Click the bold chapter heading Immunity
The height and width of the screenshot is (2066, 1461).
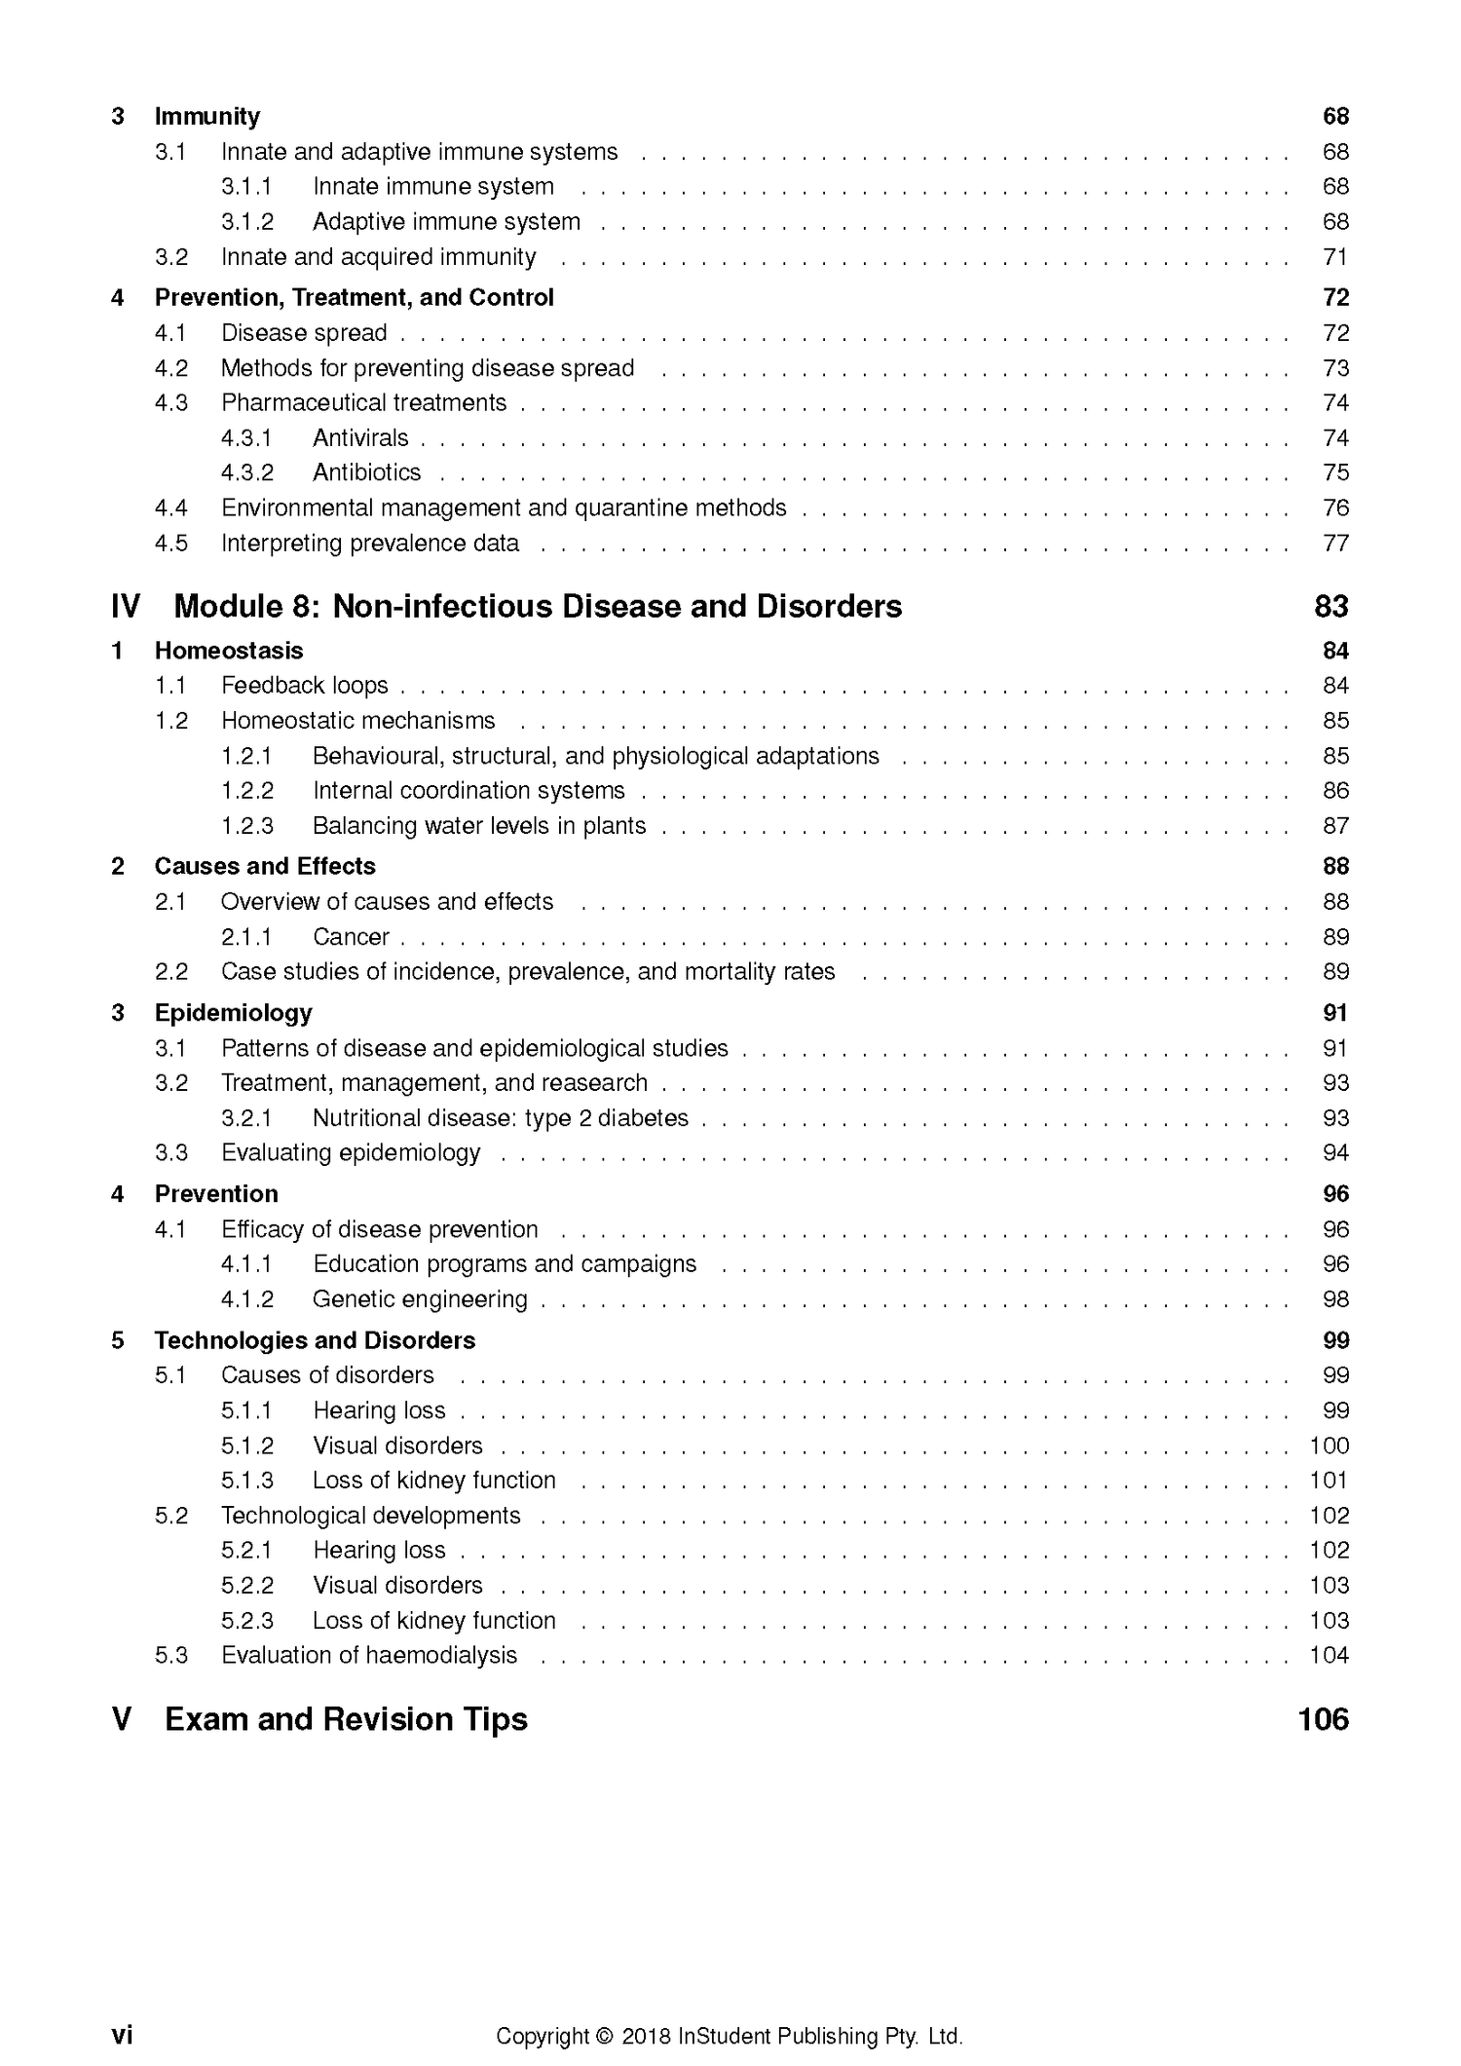pyautogui.click(x=206, y=117)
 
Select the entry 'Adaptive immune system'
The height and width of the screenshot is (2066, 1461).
pyautogui.click(x=446, y=222)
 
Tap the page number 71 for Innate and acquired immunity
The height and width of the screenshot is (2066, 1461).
pyautogui.click(x=1335, y=257)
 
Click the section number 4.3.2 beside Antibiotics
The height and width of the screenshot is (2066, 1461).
pyautogui.click(x=247, y=472)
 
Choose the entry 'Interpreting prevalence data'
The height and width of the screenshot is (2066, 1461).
pyautogui.click(x=370, y=544)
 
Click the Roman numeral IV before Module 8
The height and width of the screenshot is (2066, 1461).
pyautogui.click(x=126, y=607)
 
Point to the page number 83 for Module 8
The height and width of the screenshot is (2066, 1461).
pyautogui.click(x=1330, y=607)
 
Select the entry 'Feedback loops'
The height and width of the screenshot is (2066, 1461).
pyautogui.click(x=305, y=686)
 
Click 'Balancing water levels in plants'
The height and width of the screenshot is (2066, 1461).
pyautogui.click(x=479, y=826)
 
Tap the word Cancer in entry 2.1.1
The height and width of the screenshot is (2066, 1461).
pyautogui.click(x=351, y=937)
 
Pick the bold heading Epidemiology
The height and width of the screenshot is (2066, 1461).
pyautogui.click(x=233, y=1013)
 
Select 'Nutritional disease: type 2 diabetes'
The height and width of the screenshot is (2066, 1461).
pyautogui.click(x=501, y=1118)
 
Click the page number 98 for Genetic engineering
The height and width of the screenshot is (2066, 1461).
pyautogui.click(x=1335, y=1299)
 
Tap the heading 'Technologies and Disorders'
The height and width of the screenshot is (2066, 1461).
pyautogui.click(x=315, y=1340)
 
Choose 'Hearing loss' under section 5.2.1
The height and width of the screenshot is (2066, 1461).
pyautogui.click(x=379, y=1551)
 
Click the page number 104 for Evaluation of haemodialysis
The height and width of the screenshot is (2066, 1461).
pyautogui.click(x=1329, y=1656)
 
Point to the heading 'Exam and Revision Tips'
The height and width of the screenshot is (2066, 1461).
pyautogui.click(x=346, y=1720)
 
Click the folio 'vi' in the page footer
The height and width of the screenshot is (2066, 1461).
pyautogui.click(x=122, y=2009)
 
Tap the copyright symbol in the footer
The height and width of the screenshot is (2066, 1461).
pyautogui.click(x=603, y=2010)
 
